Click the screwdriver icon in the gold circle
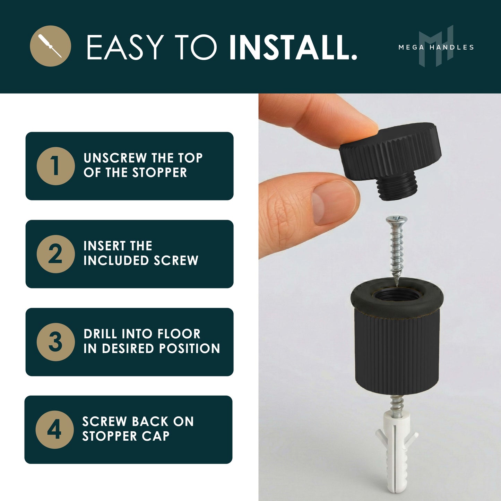click(x=50, y=46)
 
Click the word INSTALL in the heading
click(x=293, y=47)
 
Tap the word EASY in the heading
click(x=124, y=47)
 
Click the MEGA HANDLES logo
click(x=436, y=47)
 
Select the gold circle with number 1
click(x=55, y=166)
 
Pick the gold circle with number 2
click(x=55, y=254)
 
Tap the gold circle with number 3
click(x=55, y=342)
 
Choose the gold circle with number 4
click(x=54, y=430)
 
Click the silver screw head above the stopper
click(x=397, y=219)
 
